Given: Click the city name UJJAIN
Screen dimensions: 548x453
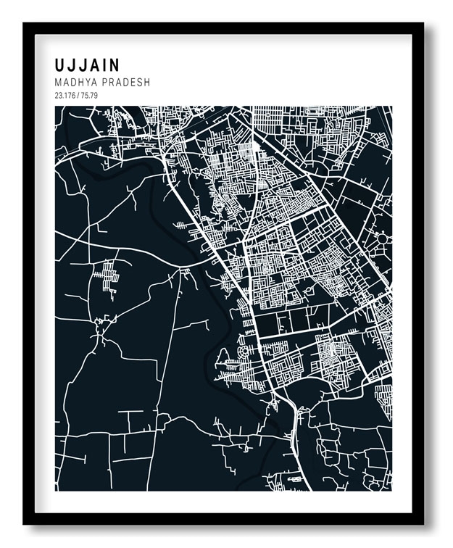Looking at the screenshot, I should click(87, 65).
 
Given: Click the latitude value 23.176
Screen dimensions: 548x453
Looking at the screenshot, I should click(65, 96).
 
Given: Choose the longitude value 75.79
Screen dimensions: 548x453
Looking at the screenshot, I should click(88, 96).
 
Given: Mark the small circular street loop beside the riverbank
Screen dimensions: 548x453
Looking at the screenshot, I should click(223, 357).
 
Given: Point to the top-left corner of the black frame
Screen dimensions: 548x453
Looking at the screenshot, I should click(25, 24).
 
